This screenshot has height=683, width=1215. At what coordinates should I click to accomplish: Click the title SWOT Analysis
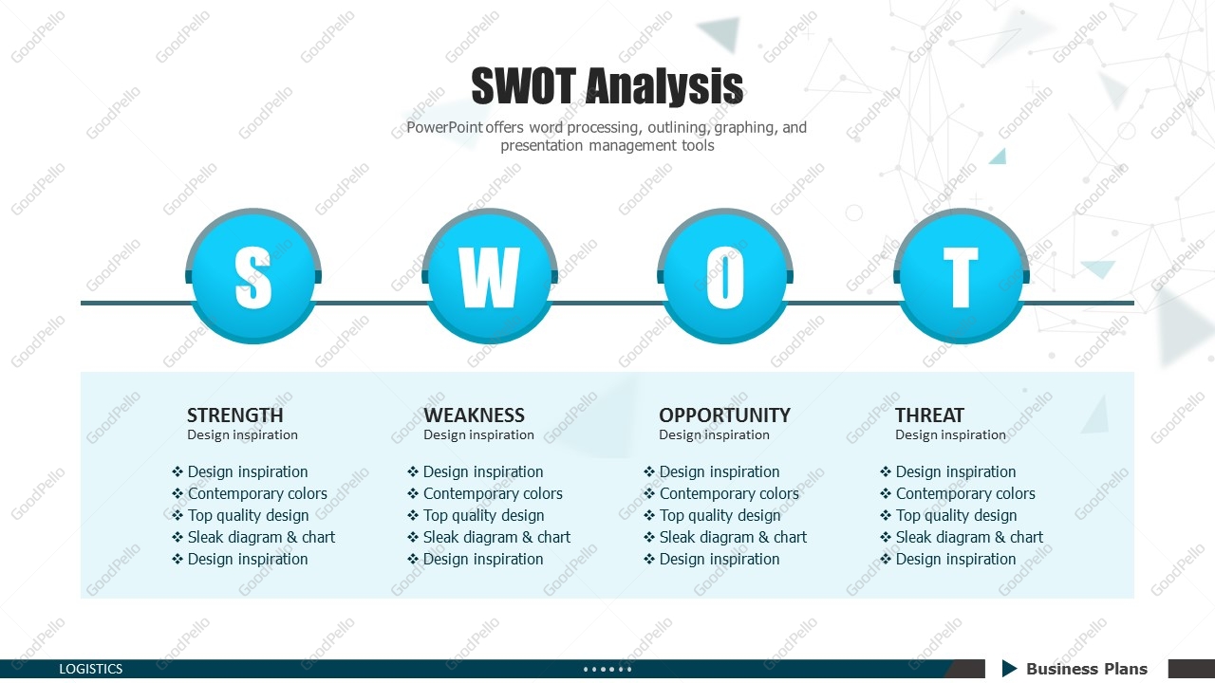coord(607,85)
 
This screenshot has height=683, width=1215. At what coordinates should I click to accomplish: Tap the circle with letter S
coord(253,276)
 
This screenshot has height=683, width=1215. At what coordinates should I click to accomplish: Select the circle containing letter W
coord(489,276)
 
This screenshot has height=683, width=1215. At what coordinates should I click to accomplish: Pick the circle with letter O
coord(725,276)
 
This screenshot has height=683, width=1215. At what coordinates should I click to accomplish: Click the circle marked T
coord(962,276)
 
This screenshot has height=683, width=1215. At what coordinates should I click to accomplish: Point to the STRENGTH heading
coord(234,415)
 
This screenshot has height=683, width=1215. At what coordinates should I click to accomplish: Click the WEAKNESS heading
coord(474,415)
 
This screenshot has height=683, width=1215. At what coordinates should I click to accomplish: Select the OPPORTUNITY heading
coord(724,415)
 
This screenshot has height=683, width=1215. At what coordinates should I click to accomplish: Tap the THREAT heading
coord(929,415)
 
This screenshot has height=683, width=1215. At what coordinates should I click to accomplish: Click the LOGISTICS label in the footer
coord(90,669)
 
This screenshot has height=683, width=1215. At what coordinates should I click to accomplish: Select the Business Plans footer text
coord(1087,669)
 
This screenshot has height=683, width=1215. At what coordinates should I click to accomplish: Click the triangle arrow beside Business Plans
coord(1009,669)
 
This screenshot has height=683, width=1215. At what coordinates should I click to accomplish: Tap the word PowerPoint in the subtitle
coord(444,127)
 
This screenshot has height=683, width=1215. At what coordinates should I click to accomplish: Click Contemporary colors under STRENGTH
coord(257,494)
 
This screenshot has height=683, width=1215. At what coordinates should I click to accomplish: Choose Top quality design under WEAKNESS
coord(483,515)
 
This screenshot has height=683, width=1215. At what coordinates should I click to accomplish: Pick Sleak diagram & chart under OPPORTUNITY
coord(733,537)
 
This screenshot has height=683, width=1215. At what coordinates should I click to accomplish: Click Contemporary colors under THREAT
coord(965,494)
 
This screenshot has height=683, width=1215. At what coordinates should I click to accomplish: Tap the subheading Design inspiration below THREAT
coord(950,434)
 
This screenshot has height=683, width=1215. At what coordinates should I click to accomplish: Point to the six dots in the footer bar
coord(607,670)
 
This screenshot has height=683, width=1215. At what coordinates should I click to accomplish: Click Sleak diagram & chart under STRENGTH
coord(261,537)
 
